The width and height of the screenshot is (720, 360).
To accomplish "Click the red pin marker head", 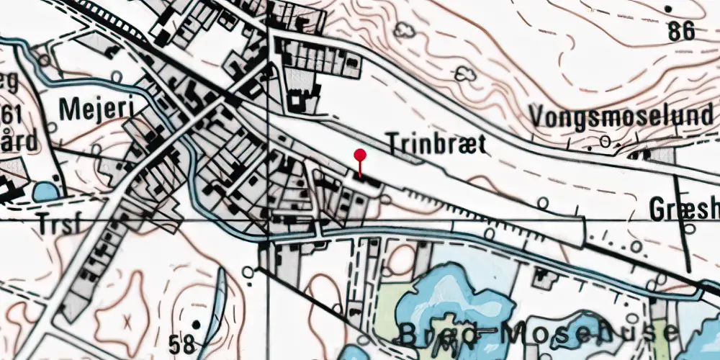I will tap(360, 155).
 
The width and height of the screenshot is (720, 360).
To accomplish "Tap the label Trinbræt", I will tap(436, 143).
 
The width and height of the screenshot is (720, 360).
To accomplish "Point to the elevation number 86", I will tap(680, 31).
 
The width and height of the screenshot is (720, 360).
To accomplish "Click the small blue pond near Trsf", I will tap(45, 192).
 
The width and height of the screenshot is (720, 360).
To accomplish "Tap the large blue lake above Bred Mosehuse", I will tap(446, 295).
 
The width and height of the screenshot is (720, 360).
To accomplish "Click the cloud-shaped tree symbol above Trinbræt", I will tap(405, 30).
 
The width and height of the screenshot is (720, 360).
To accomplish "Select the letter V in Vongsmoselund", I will tap(536, 115).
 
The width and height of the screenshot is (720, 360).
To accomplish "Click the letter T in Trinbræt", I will tap(393, 143).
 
